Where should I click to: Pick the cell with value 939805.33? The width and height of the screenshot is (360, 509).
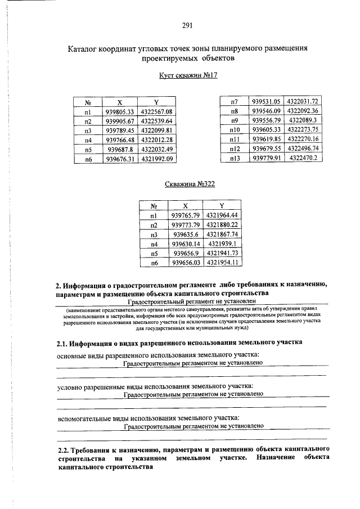(x=119, y=112)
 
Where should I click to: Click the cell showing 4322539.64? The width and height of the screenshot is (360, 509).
(x=157, y=121)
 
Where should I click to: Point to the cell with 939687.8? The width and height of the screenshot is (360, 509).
(x=119, y=150)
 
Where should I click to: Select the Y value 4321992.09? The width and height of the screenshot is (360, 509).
(x=157, y=159)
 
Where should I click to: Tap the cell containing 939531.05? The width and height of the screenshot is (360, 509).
(x=267, y=101)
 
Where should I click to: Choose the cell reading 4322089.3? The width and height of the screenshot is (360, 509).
(x=303, y=120)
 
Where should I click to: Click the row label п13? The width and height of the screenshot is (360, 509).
(x=235, y=159)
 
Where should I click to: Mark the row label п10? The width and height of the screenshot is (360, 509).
(x=235, y=130)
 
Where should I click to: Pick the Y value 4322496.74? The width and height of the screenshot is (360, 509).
(x=303, y=149)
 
